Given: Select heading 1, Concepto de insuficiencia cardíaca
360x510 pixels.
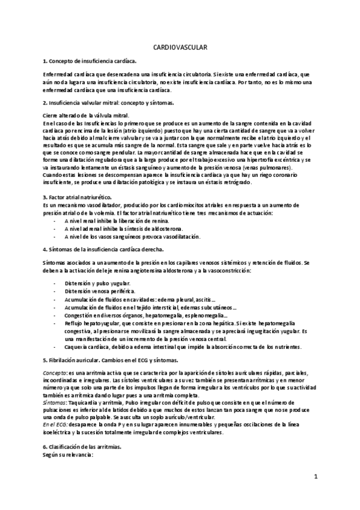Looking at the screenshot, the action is (x=90, y=61).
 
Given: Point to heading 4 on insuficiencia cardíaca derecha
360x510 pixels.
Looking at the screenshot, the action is (x=103, y=248).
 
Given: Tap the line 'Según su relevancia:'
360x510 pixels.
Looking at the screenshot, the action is (x=68, y=456).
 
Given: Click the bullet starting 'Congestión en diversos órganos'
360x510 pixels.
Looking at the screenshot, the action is (x=145, y=316).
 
